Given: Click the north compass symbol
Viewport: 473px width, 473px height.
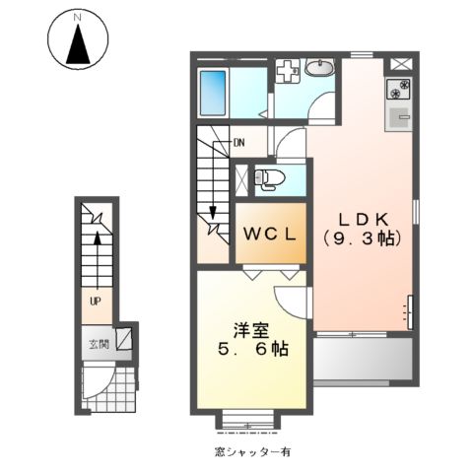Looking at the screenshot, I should tap(76, 37).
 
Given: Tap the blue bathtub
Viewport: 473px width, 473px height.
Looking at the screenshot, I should tap(213, 94).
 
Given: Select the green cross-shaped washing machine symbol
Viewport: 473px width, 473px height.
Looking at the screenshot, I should tap(288, 73).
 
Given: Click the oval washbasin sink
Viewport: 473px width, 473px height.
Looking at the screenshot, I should tap(319, 68).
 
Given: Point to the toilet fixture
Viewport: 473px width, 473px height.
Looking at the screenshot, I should tap(269, 179).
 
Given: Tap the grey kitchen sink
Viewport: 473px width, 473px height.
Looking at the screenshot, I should tap(400, 119).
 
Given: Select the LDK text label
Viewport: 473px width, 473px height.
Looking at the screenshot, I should tap(361, 218).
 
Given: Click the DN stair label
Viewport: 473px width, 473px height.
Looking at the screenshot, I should tap(237, 142).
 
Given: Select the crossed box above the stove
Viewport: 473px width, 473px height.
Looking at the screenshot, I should tap(400, 66).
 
